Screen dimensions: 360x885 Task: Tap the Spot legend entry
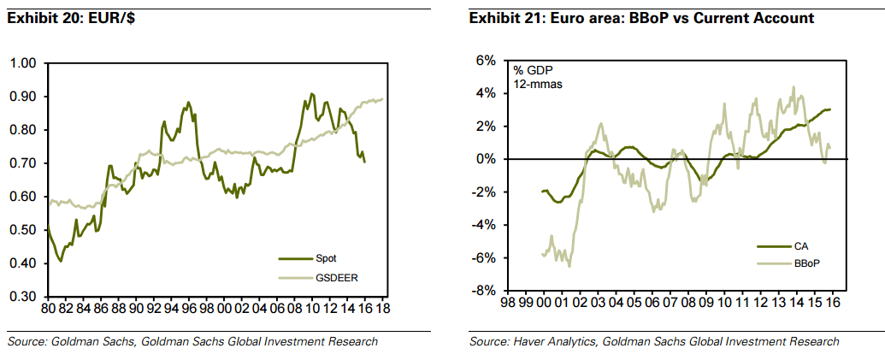point(326,257)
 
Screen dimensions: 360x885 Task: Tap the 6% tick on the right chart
point(486,61)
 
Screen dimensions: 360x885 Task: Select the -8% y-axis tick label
point(484,291)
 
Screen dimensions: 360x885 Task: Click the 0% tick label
point(486,159)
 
